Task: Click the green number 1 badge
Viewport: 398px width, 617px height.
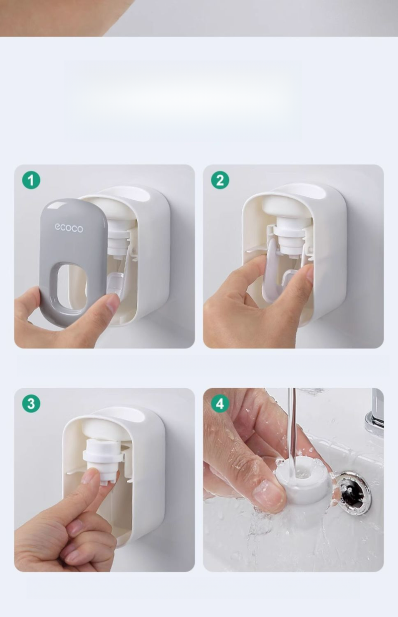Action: coord(31,180)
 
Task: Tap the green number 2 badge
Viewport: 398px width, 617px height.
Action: coord(220,180)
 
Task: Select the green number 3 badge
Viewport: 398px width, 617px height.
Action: coord(31,403)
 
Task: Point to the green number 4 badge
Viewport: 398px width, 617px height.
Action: coord(220,403)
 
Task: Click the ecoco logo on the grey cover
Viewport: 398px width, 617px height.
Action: coord(69,228)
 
